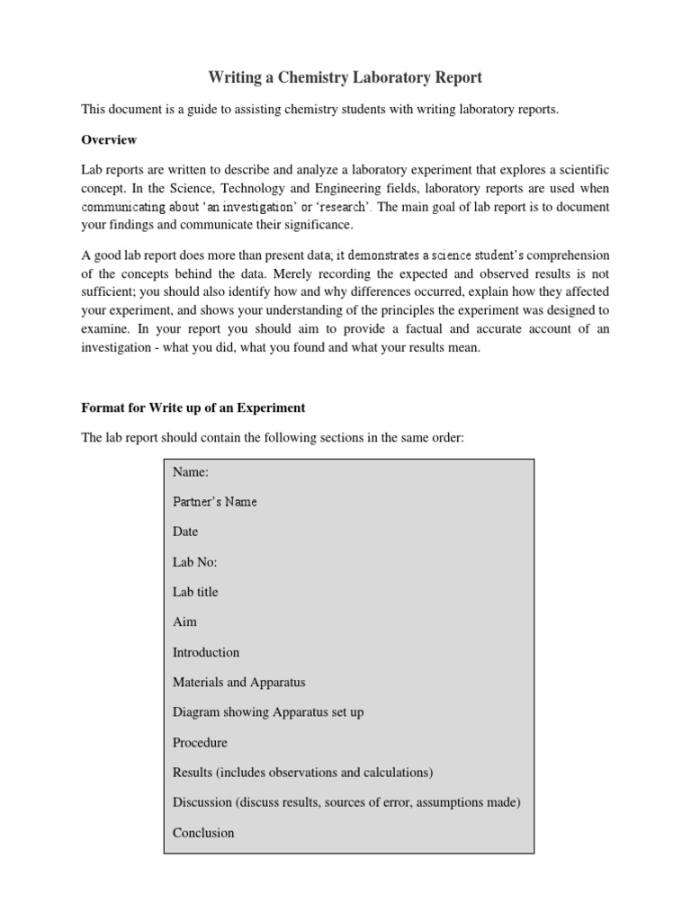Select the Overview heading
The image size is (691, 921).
pos(109,139)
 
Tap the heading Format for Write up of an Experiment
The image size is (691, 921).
pos(193,407)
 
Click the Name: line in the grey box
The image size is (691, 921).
pos(191,471)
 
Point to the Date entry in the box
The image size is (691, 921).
pos(185,532)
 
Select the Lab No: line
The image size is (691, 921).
pos(195,562)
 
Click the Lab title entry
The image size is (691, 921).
pos(195,592)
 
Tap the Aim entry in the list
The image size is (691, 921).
pos(184,621)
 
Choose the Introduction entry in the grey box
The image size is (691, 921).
pos(206,652)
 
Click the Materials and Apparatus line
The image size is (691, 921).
pos(238,683)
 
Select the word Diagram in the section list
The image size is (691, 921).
pos(196,712)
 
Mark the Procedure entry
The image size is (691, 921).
pos(200,743)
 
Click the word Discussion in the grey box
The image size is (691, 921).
pos(203,802)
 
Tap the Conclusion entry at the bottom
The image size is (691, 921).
pos(203,833)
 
